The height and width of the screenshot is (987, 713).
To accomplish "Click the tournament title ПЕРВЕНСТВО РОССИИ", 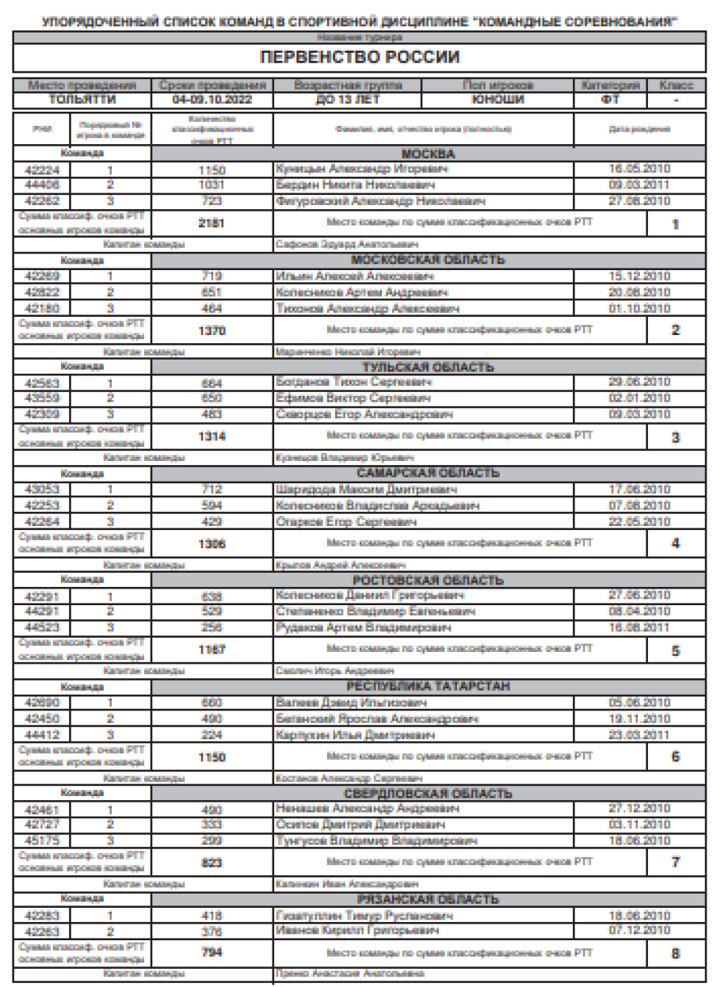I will point(360,58).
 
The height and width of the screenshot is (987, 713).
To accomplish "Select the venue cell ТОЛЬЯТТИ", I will point(82,100).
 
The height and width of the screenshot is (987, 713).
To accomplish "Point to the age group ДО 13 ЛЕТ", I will point(347,100).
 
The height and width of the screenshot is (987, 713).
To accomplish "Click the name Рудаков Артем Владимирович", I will point(363,628).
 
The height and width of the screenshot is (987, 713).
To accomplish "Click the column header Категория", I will point(610,84).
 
